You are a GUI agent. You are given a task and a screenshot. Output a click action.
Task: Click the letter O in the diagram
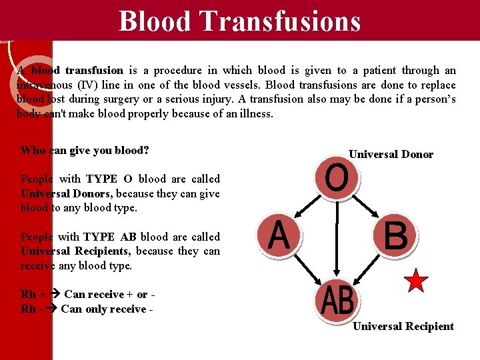point(337,179)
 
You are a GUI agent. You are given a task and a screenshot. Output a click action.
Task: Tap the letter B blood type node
point(395,236)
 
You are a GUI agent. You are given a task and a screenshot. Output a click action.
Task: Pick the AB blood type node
point(337,301)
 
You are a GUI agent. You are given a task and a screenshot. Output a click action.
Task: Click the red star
point(416,281)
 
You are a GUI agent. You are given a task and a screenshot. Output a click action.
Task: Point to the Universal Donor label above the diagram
point(391,155)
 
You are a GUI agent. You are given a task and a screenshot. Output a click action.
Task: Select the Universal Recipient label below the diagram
point(403,326)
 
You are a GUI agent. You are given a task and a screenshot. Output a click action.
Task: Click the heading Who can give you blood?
point(85,150)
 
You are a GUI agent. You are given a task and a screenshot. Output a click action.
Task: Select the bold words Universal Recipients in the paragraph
point(75,251)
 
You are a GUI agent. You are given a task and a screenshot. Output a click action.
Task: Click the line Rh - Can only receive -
point(83,309)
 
